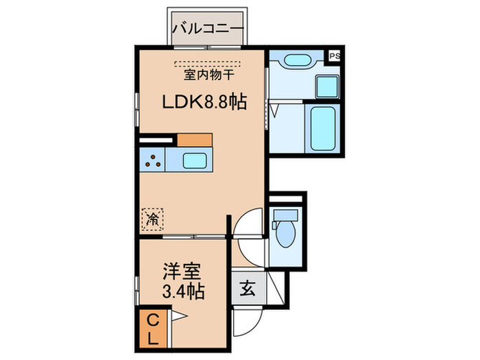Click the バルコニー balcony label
coord(207,28)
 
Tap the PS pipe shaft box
coord(335,57)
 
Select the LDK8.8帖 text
coord(204,102)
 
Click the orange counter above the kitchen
coord(194,139)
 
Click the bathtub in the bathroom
coord(320,129)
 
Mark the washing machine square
coord(326,87)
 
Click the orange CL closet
coord(154,328)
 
